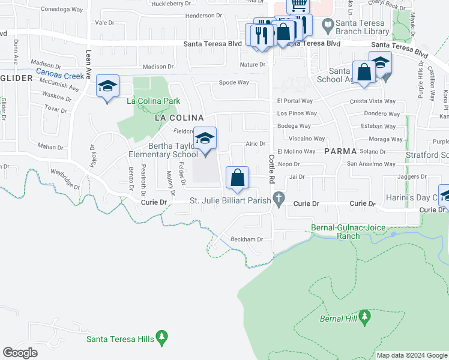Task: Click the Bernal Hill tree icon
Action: pos(364,318)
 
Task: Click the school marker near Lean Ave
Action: pos(107,88)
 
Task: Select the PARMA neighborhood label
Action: pos(340,151)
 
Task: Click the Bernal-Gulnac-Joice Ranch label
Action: pos(345,232)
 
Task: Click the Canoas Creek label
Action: pos(59,76)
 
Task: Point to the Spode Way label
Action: pos(234,82)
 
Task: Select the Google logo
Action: pos(20,353)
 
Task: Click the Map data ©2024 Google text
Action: pos(411,355)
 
